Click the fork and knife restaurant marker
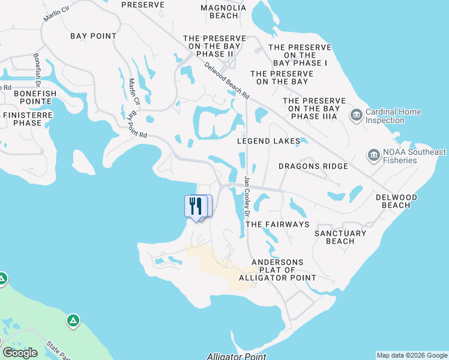pos(195,206)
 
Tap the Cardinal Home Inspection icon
pos(356,114)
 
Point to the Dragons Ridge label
pos(313,166)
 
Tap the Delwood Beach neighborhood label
pos(396,201)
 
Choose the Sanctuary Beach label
pos(340,237)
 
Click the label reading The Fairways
pos(277,224)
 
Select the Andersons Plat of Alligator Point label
pos(277,270)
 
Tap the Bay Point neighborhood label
pos(93,36)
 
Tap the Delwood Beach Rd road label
pos(226,80)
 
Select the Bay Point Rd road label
pos(136,124)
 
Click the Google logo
pos(20,353)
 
